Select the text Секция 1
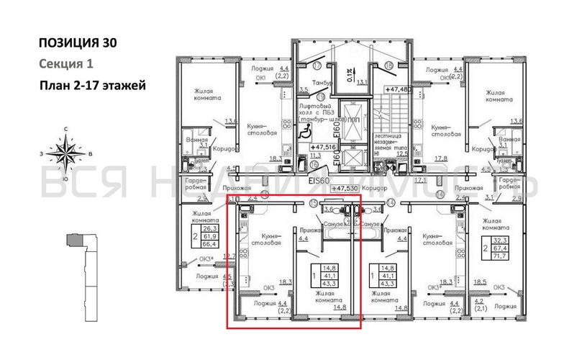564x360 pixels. tap(64, 64)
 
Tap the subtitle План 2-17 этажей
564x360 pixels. tap(92, 86)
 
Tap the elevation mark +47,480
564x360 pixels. tap(399, 89)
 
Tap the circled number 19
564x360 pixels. tap(321, 96)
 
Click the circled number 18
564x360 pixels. tap(387, 66)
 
